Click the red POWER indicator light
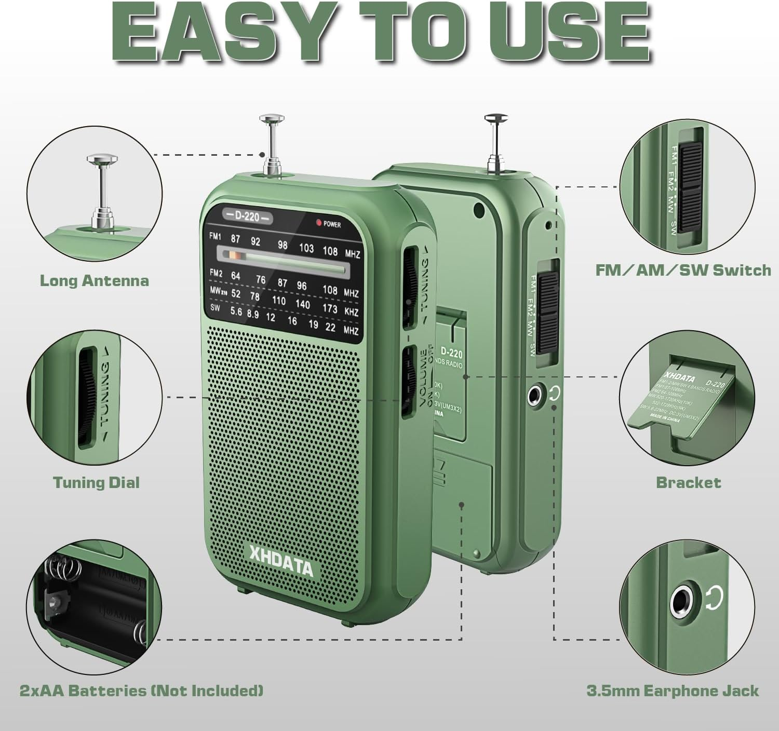tap(319, 223)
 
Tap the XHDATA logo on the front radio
tap(281, 560)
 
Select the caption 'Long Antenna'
tap(95, 281)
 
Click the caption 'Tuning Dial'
tap(97, 482)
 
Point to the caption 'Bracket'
tap(689, 482)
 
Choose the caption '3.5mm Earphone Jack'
tap(673, 691)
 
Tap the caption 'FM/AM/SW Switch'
tap(683, 270)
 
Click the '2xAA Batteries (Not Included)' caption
tap(141, 691)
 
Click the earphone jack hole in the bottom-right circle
tap(680, 602)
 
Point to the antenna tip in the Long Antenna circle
tap(101, 159)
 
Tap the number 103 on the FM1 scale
tap(306, 248)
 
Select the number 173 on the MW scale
tap(330, 307)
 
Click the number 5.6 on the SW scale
tap(236, 312)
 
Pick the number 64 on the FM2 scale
tap(235, 276)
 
